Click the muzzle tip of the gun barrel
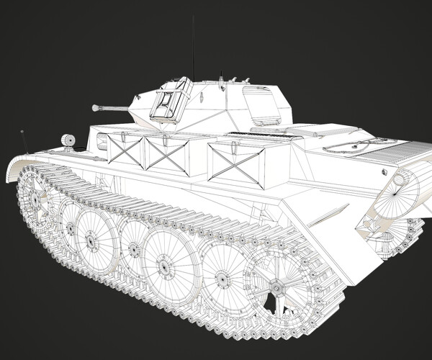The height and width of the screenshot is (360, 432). (95, 108)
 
